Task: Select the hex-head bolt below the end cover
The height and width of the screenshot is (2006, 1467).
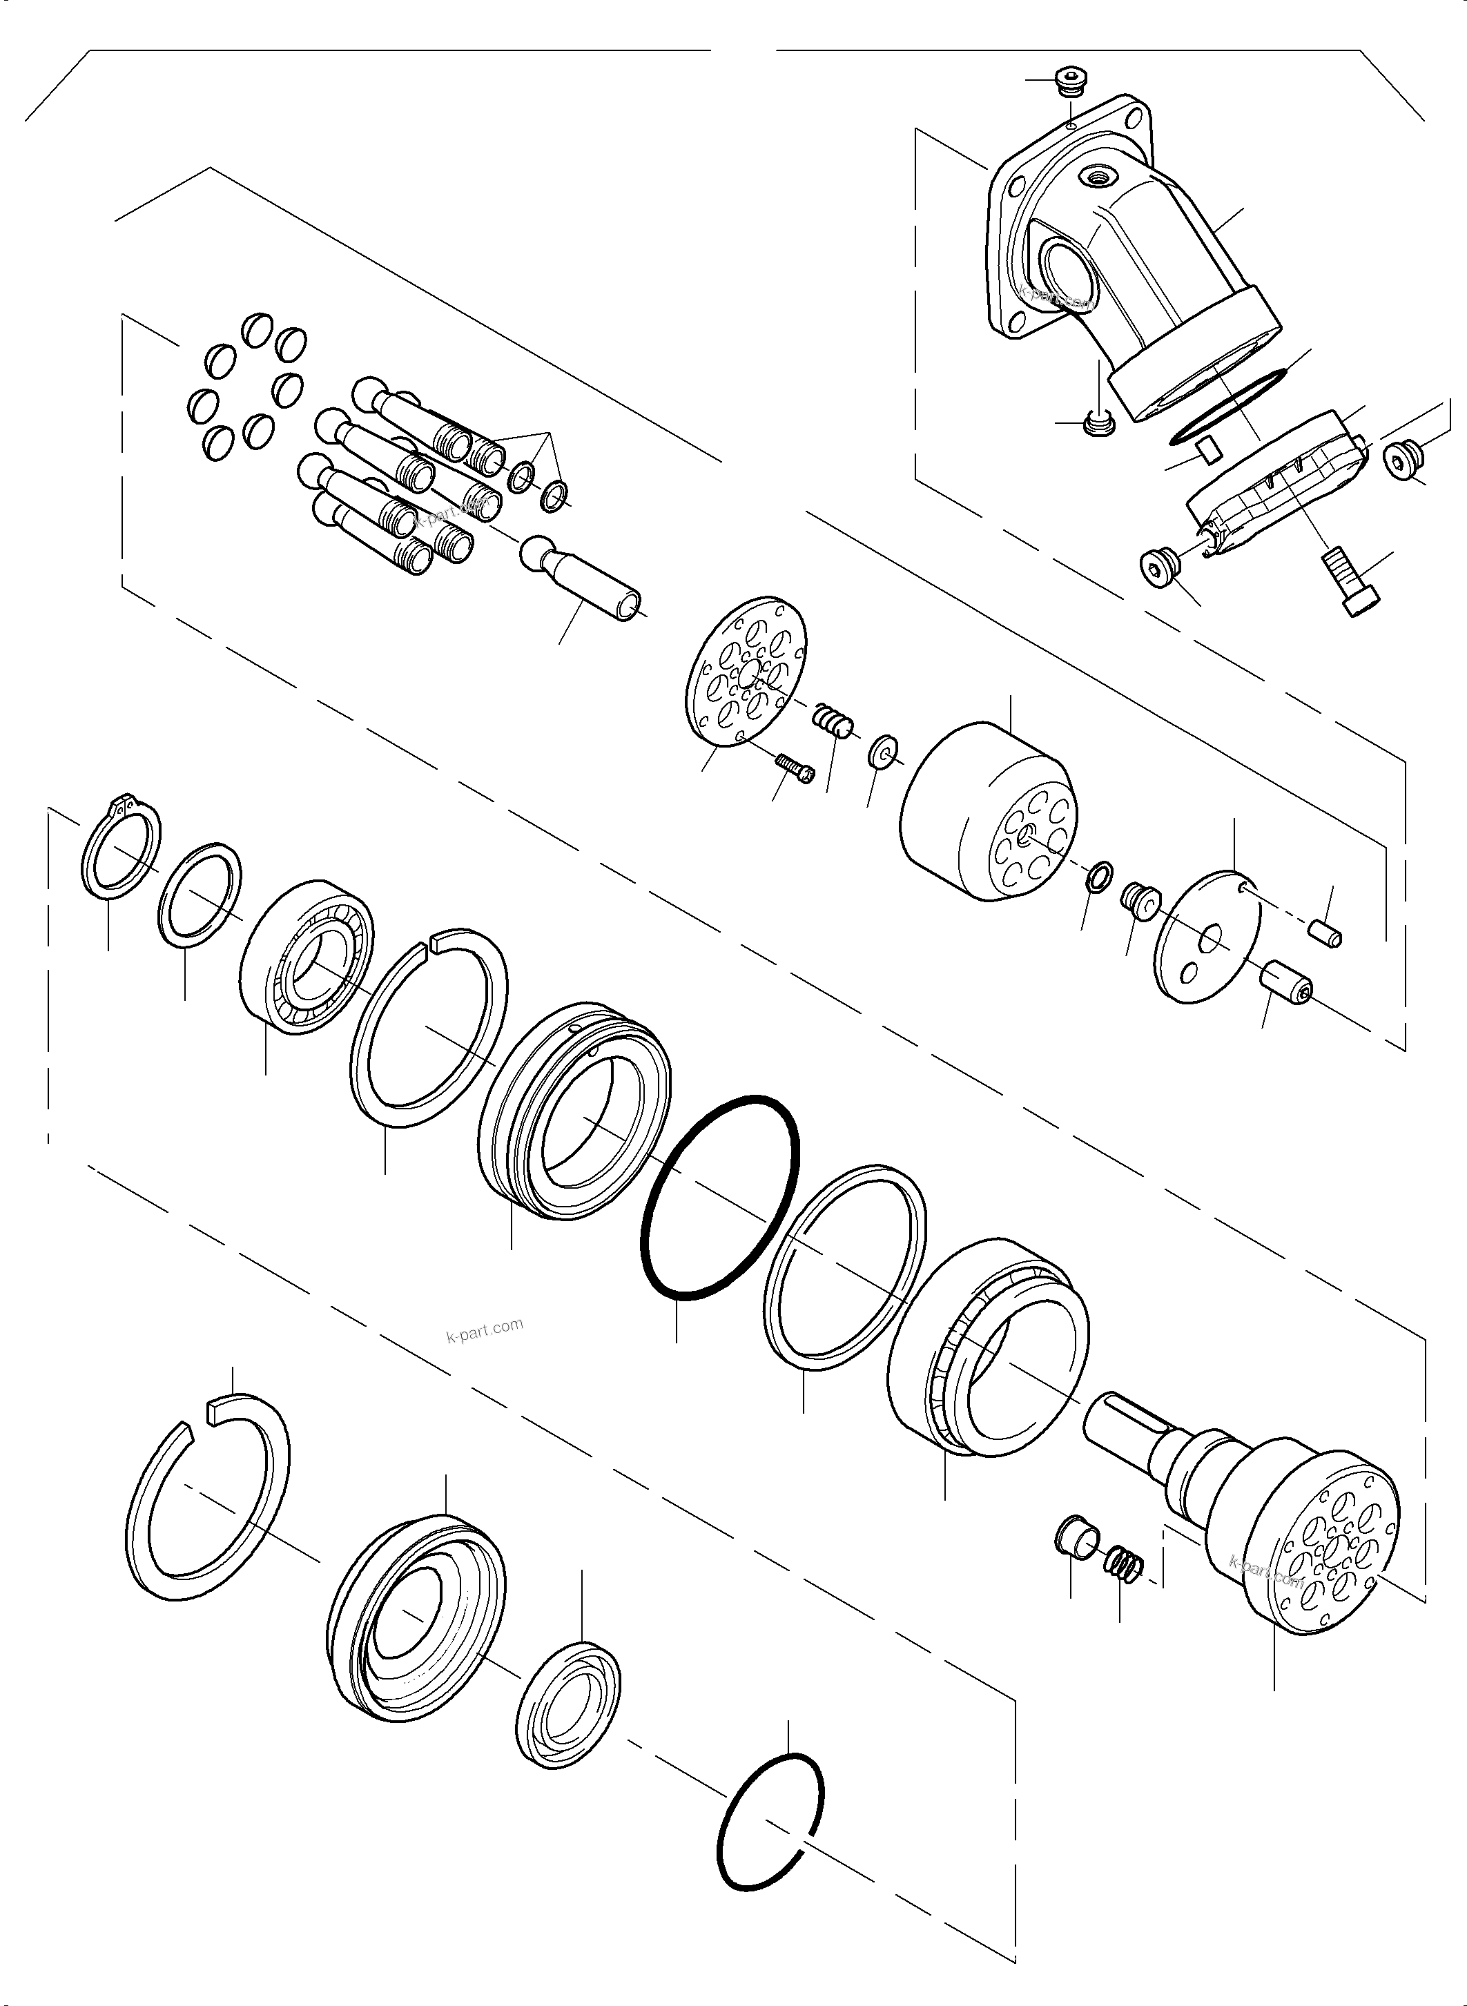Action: pyautogui.click(x=1350, y=583)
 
